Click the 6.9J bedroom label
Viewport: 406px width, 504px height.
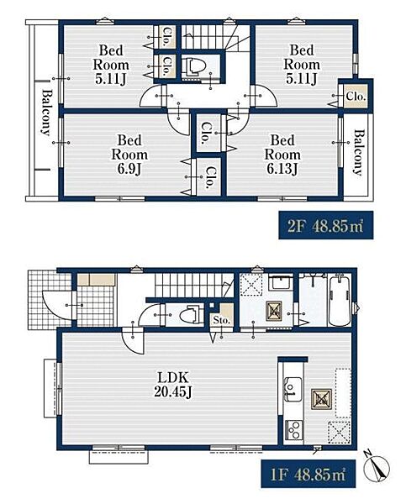[x=129, y=155]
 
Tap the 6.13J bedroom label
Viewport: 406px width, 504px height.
[x=282, y=155]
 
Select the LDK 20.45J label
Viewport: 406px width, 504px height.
[x=173, y=385]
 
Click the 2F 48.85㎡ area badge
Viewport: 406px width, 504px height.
[x=326, y=225]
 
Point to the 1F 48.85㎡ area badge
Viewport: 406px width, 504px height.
[x=308, y=474]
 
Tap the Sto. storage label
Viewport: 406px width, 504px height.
[x=222, y=320]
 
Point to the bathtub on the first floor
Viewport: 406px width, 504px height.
[x=340, y=300]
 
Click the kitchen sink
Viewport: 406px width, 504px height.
[x=293, y=389]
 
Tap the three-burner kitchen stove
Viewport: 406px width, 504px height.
[x=293, y=430]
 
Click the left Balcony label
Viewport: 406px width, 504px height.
[x=46, y=113]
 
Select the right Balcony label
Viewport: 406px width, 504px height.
[x=359, y=152]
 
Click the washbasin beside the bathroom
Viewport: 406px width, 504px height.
[x=280, y=284]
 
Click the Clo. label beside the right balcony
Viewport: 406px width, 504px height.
[x=356, y=96]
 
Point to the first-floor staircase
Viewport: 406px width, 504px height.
[x=194, y=286]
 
